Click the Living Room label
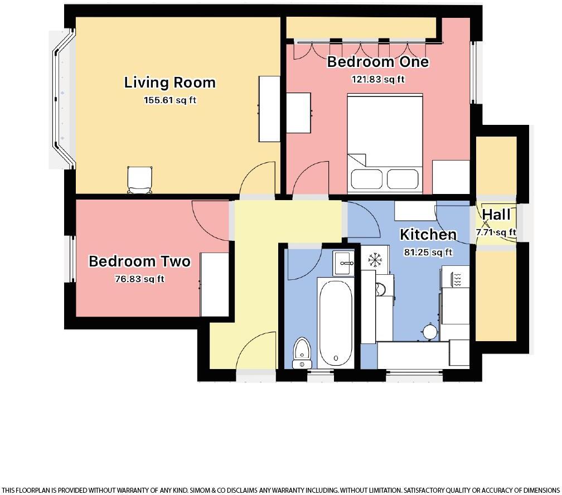169,82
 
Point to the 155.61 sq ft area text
169,100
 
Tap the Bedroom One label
377,61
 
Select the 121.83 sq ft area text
377,79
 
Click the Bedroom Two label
139,261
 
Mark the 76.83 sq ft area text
139,279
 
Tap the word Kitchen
428,235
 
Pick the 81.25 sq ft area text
428,253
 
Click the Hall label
496,215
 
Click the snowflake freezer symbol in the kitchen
374,259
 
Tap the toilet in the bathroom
302,352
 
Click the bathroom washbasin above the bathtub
343,263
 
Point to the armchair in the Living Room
139,179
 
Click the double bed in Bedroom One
385,144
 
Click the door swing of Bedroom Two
211,219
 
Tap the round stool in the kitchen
430,332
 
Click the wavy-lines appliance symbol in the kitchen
456,279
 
